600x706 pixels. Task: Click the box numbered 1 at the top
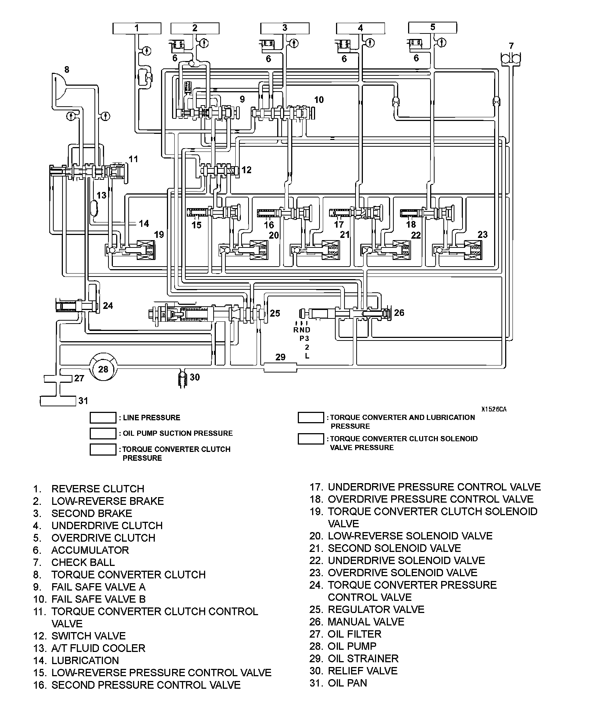pyautogui.click(x=136, y=28)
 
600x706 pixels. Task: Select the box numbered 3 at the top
pyautogui.click(x=285, y=28)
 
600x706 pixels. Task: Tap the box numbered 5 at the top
pyautogui.click(x=432, y=28)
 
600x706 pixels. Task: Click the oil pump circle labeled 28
pyautogui.click(x=103, y=369)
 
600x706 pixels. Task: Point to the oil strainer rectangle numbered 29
pyautogui.click(x=280, y=367)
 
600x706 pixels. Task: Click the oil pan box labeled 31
pyautogui.click(x=58, y=401)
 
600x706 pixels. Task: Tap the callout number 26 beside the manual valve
pyautogui.click(x=399, y=313)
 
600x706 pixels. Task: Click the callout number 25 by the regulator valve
pyautogui.click(x=275, y=313)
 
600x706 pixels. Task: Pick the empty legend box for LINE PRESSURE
pyautogui.click(x=103, y=418)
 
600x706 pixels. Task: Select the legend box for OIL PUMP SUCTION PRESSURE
pyautogui.click(x=103, y=433)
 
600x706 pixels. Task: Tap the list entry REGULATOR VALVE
pyautogui.click(x=376, y=609)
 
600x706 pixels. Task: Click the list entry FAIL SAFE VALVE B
pyautogui.click(x=98, y=599)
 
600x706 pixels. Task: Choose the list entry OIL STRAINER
pyautogui.click(x=363, y=658)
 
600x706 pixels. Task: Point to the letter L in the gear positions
pyautogui.click(x=307, y=356)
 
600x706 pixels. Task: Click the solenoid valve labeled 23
pyautogui.click(x=472, y=250)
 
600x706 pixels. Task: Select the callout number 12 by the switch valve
pyautogui.click(x=246, y=170)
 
